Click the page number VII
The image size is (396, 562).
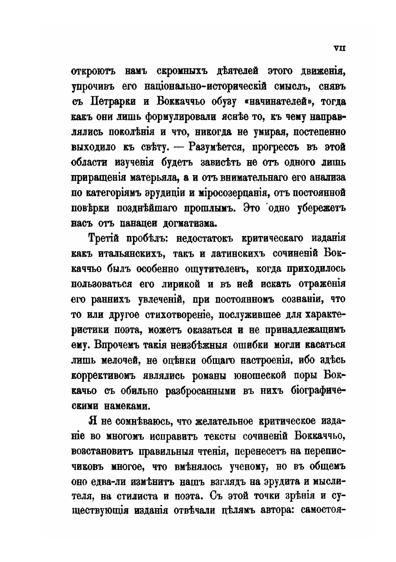[340, 47]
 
